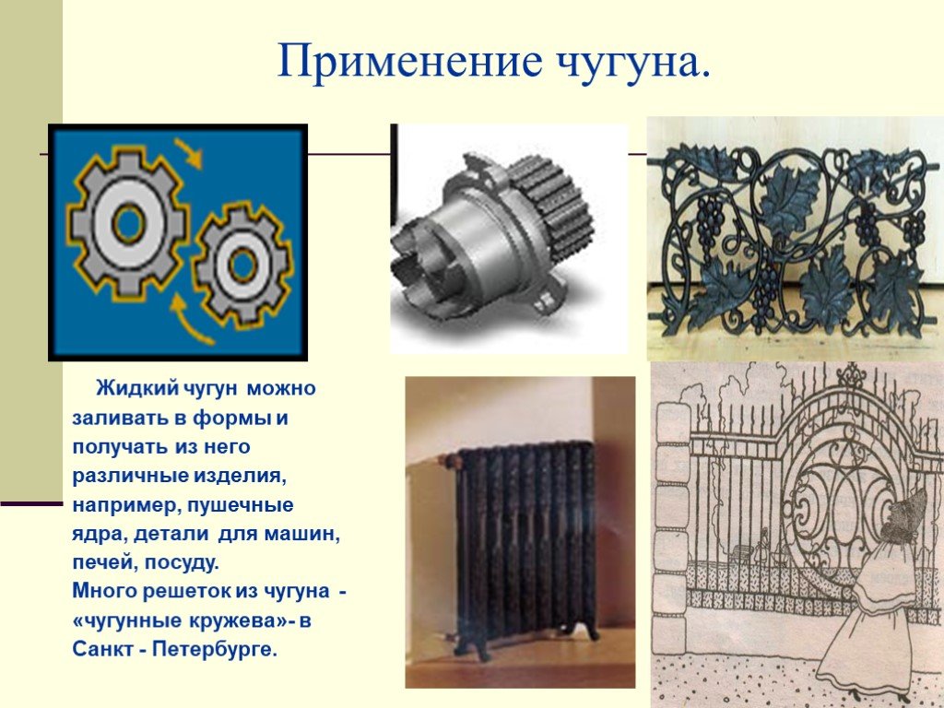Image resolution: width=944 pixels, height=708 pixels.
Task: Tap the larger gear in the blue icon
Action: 127,223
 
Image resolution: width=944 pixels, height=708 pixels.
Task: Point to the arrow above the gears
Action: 188,152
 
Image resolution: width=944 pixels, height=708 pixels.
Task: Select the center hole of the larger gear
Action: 128,223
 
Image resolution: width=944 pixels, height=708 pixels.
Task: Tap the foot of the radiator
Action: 479,649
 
